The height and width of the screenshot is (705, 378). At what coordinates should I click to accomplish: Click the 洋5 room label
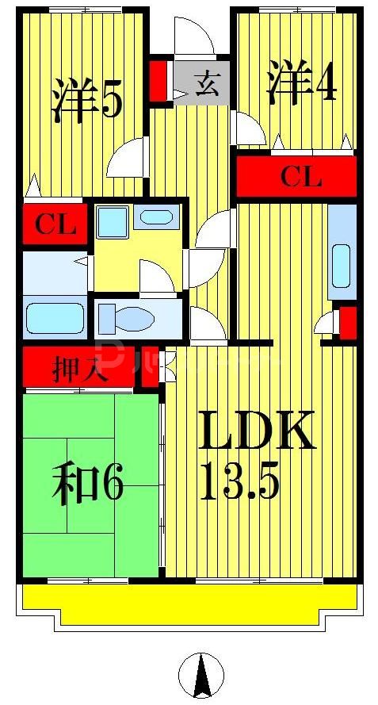pos(87,98)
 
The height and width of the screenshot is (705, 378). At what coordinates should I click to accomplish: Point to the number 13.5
pos(239,481)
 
